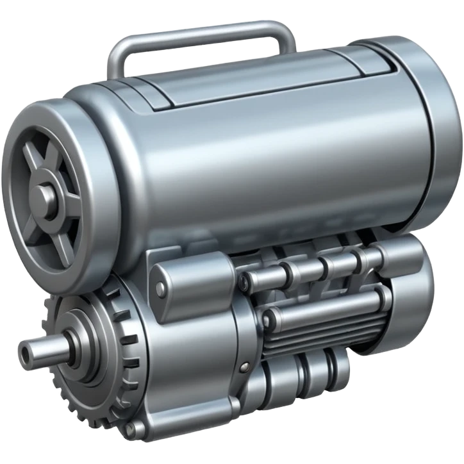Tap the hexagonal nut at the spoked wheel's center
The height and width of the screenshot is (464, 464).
(x=46, y=193)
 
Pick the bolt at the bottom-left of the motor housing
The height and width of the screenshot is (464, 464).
(x=132, y=429)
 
